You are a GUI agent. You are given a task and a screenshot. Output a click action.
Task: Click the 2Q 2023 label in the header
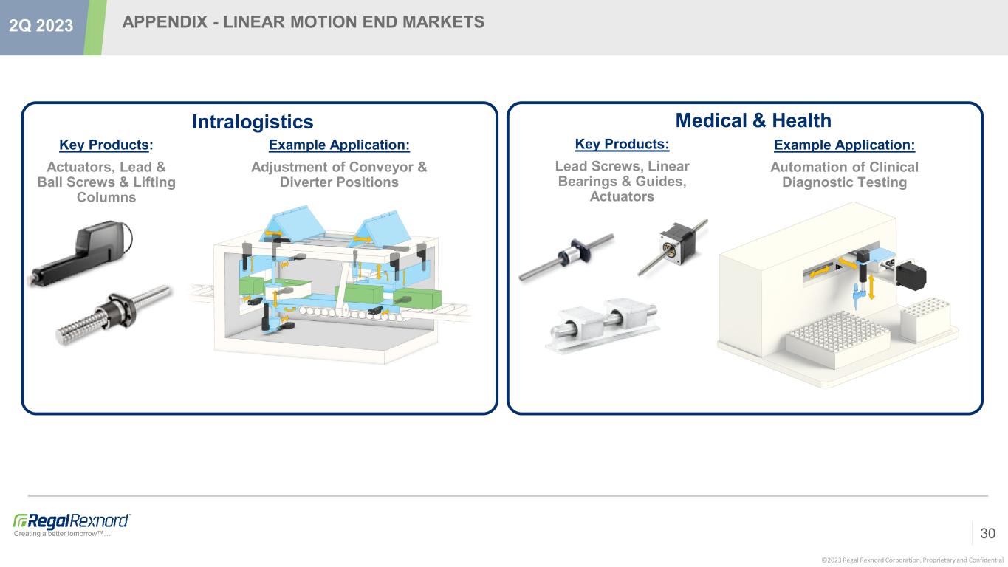(41, 26)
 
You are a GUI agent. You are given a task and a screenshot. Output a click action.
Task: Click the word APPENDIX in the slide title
(165, 21)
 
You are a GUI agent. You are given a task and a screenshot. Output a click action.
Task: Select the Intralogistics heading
(253, 122)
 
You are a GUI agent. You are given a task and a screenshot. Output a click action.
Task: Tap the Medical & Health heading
(753, 120)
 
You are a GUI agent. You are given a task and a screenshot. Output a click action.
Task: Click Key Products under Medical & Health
(622, 144)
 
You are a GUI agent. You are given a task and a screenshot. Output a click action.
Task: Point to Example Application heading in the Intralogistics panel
(339, 145)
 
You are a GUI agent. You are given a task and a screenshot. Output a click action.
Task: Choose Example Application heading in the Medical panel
(844, 145)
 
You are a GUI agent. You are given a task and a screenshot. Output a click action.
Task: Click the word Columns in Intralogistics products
(106, 197)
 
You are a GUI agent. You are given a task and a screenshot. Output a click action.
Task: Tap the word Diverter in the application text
(306, 182)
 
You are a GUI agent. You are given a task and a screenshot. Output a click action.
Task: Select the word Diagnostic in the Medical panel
(812, 182)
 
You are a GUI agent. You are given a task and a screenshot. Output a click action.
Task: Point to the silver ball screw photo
(114, 315)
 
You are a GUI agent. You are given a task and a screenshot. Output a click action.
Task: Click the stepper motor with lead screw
(673, 247)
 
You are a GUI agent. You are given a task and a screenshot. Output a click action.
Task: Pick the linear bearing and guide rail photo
(603, 324)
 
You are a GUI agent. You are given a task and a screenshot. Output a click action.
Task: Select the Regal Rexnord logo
(72, 525)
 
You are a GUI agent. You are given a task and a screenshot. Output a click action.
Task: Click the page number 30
(988, 533)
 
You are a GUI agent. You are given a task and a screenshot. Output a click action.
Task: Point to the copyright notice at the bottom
(913, 560)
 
